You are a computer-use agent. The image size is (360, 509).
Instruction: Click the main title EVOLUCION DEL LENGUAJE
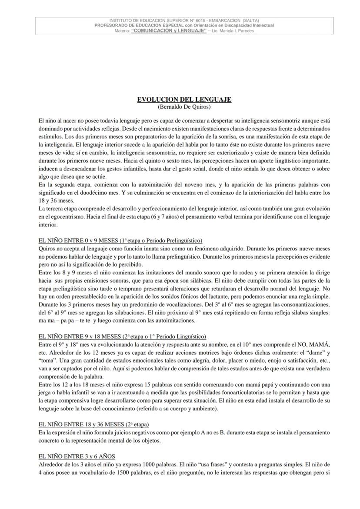(x=184, y=100)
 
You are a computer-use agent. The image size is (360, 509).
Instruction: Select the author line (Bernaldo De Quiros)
(x=184, y=106)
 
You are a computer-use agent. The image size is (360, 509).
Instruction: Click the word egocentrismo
(x=60, y=217)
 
